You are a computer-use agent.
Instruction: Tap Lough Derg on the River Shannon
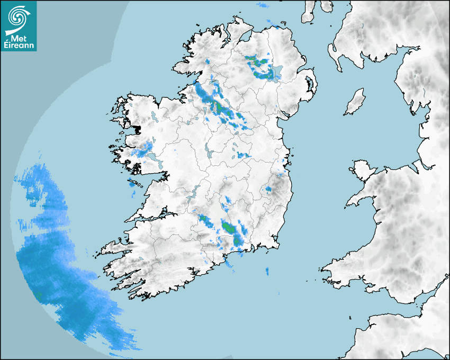pos(195,191)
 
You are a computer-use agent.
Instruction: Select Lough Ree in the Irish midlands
pos(208,152)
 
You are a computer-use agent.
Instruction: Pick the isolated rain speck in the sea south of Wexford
pos(267,272)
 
